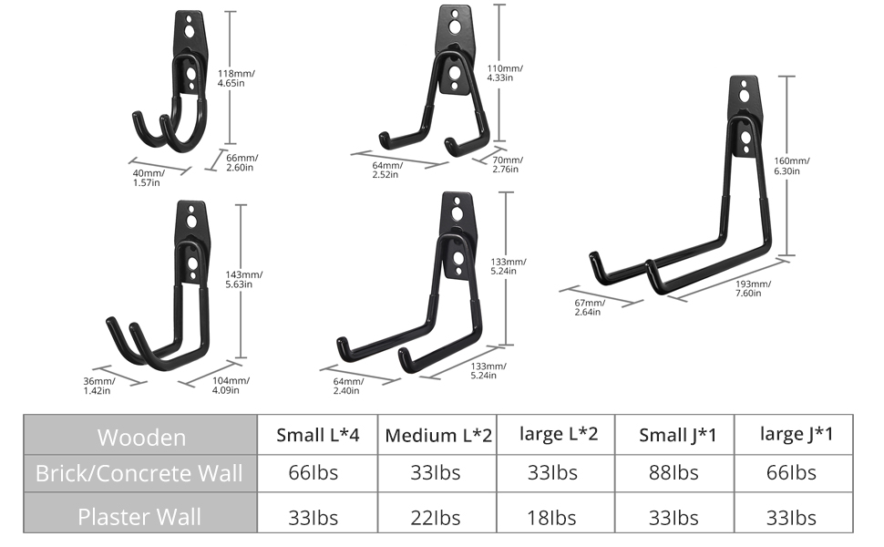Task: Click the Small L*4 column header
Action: point(317,435)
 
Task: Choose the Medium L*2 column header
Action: point(437,435)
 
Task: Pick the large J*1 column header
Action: point(796,433)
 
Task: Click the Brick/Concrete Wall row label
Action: point(139,472)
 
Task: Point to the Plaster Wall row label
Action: point(139,517)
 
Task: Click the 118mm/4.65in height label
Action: point(236,77)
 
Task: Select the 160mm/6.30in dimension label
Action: point(791,165)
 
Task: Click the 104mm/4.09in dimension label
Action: point(231,385)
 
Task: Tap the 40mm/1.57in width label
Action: point(147,178)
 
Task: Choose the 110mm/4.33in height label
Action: point(504,73)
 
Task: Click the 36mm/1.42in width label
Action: point(98,386)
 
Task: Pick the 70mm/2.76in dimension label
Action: point(505,164)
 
